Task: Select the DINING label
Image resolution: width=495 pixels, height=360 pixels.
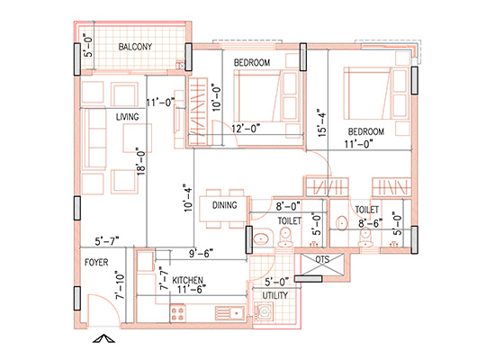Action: [225, 206]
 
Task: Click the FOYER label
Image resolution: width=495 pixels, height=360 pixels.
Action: [97, 264]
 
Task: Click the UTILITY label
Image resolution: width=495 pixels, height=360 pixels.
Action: [275, 295]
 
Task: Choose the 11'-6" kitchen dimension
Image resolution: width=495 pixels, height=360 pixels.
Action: [193, 290]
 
